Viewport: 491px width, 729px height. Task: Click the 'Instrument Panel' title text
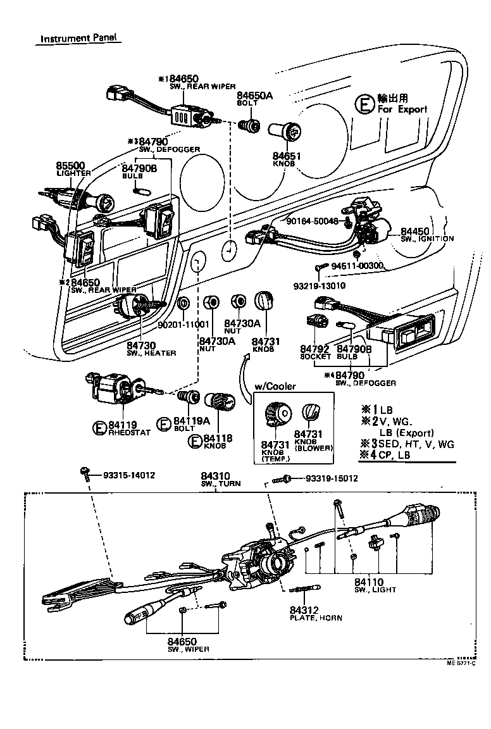79,38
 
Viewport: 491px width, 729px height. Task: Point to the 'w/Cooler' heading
275,386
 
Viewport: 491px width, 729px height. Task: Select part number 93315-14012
129,475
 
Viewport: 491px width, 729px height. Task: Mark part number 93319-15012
332,478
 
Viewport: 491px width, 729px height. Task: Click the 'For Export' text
402,109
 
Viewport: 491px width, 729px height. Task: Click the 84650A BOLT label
254,97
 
